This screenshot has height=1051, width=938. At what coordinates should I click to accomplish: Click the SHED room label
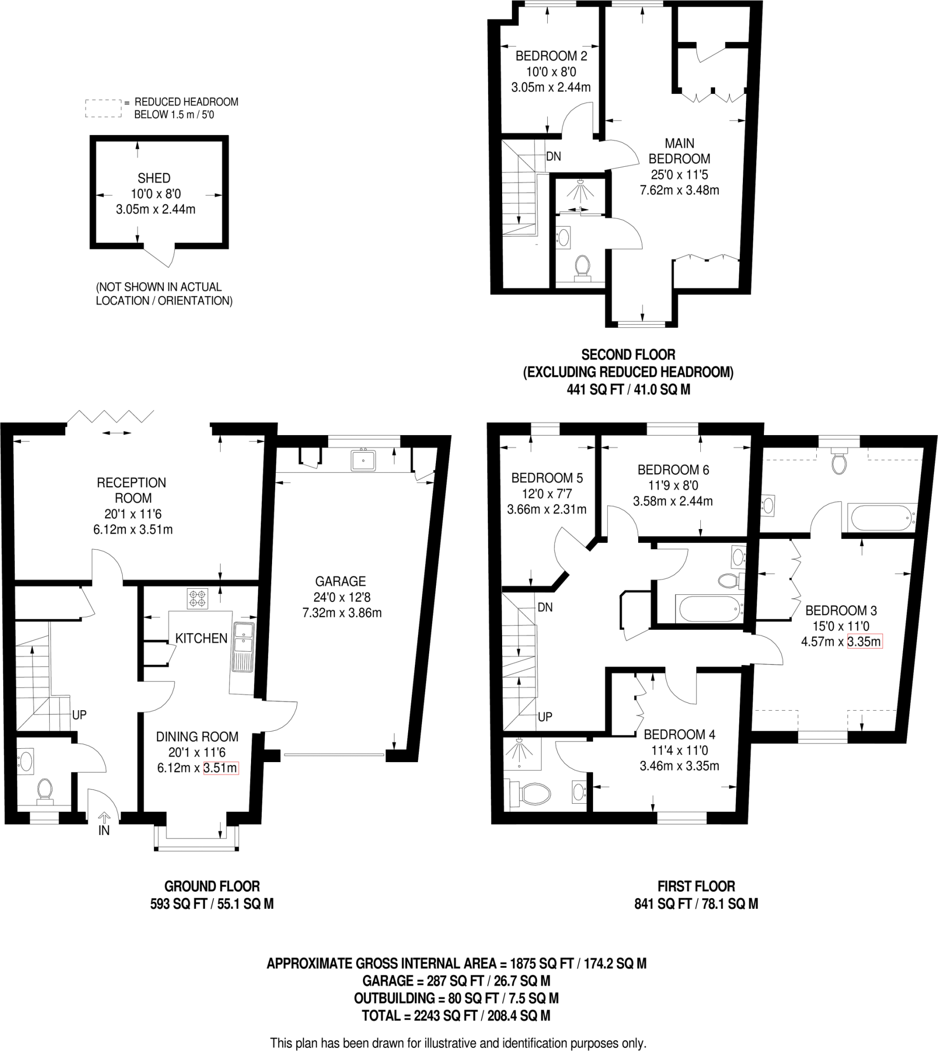point(154,178)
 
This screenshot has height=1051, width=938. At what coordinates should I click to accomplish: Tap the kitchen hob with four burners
point(197,598)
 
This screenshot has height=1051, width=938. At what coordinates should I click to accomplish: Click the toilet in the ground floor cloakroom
point(45,791)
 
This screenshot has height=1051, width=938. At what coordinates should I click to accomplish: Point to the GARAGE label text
point(340,581)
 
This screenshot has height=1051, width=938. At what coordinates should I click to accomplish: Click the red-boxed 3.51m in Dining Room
point(221,768)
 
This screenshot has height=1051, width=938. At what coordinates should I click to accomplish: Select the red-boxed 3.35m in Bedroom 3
point(865,641)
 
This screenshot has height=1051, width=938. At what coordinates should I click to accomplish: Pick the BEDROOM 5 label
point(547,478)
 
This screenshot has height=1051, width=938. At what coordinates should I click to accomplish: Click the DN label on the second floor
point(553,157)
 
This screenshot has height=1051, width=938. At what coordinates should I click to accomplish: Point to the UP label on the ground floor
point(80,715)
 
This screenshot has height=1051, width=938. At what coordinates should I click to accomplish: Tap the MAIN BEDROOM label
point(679,151)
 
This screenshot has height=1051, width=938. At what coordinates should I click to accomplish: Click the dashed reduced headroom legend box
point(103,109)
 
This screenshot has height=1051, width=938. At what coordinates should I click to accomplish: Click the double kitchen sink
point(243,646)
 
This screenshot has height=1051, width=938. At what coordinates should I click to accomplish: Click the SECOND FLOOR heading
point(628,355)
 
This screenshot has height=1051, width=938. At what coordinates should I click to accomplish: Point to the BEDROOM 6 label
point(673,470)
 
